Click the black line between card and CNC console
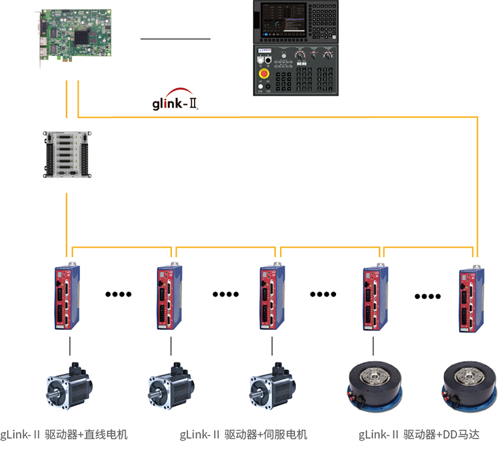pyautogui.click(x=175, y=39)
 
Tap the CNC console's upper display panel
pyautogui.click(x=297, y=21)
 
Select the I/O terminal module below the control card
pyautogui.click(x=66, y=155)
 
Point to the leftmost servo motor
pyautogui.click(x=69, y=390)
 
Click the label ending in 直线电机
pyautogui.click(x=64, y=435)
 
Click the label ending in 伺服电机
pyautogui.click(x=243, y=435)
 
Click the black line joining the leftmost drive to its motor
pyautogui.click(x=69, y=346)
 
